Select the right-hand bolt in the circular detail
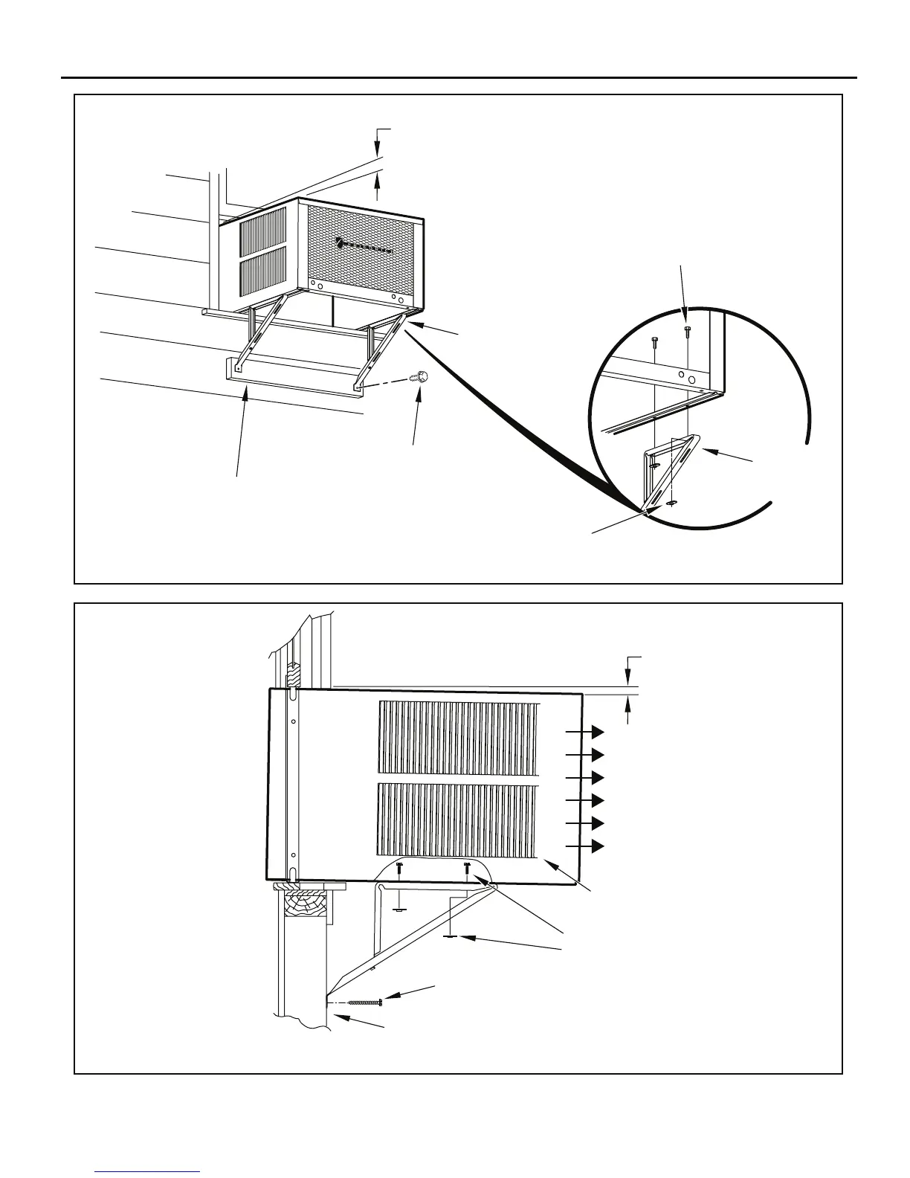coord(687,331)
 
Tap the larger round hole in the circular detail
coord(692,379)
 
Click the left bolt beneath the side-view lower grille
coord(400,867)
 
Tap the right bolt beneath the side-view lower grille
coord(467,867)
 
